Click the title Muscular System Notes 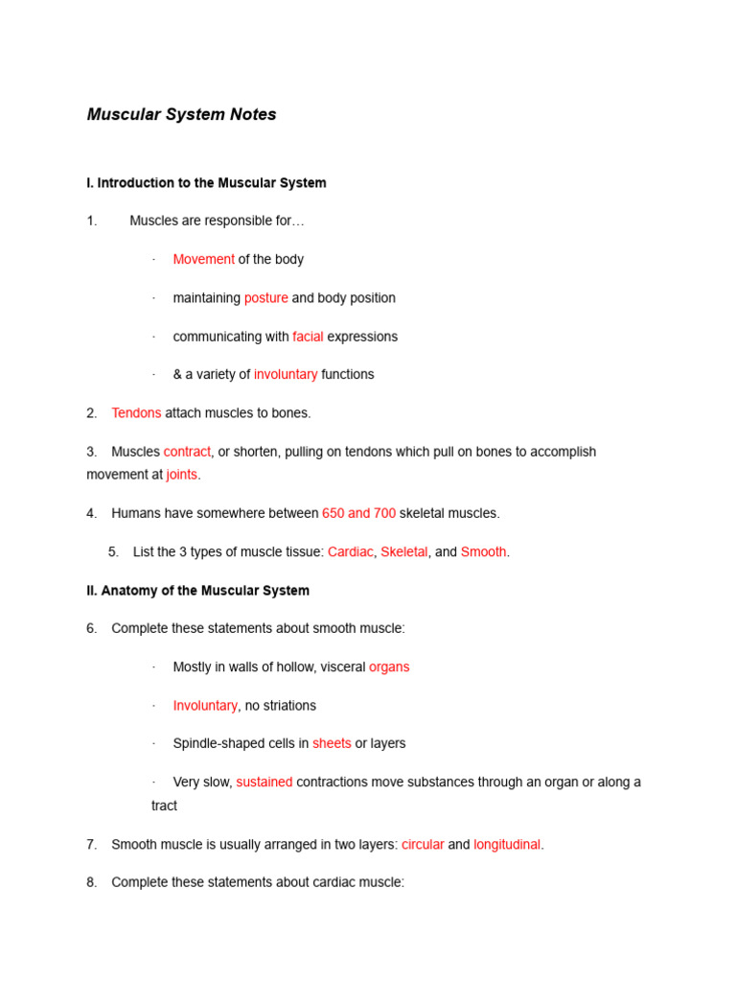click(x=181, y=115)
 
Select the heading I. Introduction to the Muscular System click(x=206, y=183)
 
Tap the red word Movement click(x=203, y=260)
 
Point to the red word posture click(x=265, y=298)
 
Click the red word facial click(x=308, y=337)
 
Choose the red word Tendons click(x=136, y=413)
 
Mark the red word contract click(x=187, y=452)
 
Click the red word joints click(x=181, y=475)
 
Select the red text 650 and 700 click(x=358, y=513)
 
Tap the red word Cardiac click(x=350, y=552)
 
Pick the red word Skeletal click(x=403, y=552)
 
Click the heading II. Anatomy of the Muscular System click(x=197, y=591)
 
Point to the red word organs click(x=389, y=667)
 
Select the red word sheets click(x=332, y=744)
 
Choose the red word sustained click(x=264, y=783)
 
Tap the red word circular click(x=423, y=845)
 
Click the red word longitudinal click(x=507, y=845)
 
